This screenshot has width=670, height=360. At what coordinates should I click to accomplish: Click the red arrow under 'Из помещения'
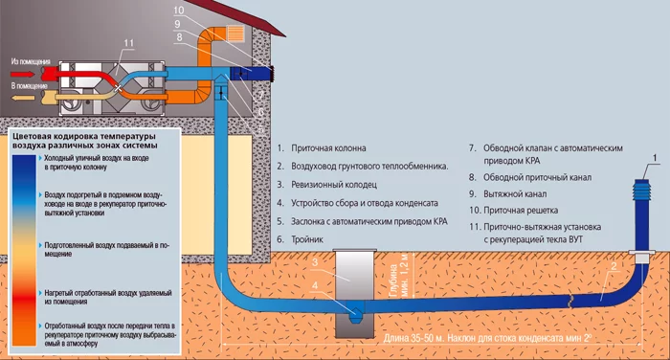pyautogui.click(x=23, y=74)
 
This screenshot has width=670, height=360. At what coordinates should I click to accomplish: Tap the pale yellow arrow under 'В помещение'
pyautogui.click(x=23, y=98)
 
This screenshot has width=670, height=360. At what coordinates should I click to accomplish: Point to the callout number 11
pyautogui.click(x=128, y=43)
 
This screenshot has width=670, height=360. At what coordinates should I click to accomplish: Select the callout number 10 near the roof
pyautogui.click(x=179, y=11)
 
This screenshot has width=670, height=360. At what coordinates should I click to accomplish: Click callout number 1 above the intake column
pyautogui.click(x=655, y=159)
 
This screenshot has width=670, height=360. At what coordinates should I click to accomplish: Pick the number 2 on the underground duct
pyautogui.click(x=614, y=267)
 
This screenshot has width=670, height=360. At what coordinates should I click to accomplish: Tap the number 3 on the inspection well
pyautogui.click(x=315, y=262)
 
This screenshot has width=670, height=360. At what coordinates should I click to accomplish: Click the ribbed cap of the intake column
pyautogui.click(x=642, y=190)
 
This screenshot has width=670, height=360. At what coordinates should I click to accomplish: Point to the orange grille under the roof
pyautogui.click(x=235, y=33)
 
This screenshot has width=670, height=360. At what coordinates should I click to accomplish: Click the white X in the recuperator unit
pyautogui.click(x=119, y=88)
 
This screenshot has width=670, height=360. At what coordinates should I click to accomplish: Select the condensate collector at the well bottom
pyautogui.click(x=354, y=310)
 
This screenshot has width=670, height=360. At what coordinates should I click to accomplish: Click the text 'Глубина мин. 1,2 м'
pyautogui.click(x=399, y=276)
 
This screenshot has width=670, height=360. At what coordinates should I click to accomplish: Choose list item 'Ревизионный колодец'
pyautogui.click(x=334, y=185)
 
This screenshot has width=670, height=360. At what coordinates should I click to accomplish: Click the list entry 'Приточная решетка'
pyautogui.click(x=521, y=211)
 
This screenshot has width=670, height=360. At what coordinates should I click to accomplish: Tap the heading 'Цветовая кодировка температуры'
pyautogui.click(x=84, y=136)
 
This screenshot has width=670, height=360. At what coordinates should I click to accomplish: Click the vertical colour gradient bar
pyautogui.click(x=24, y=250)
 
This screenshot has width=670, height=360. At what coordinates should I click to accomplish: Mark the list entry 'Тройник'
pyautogui.click(x=307, y=239)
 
